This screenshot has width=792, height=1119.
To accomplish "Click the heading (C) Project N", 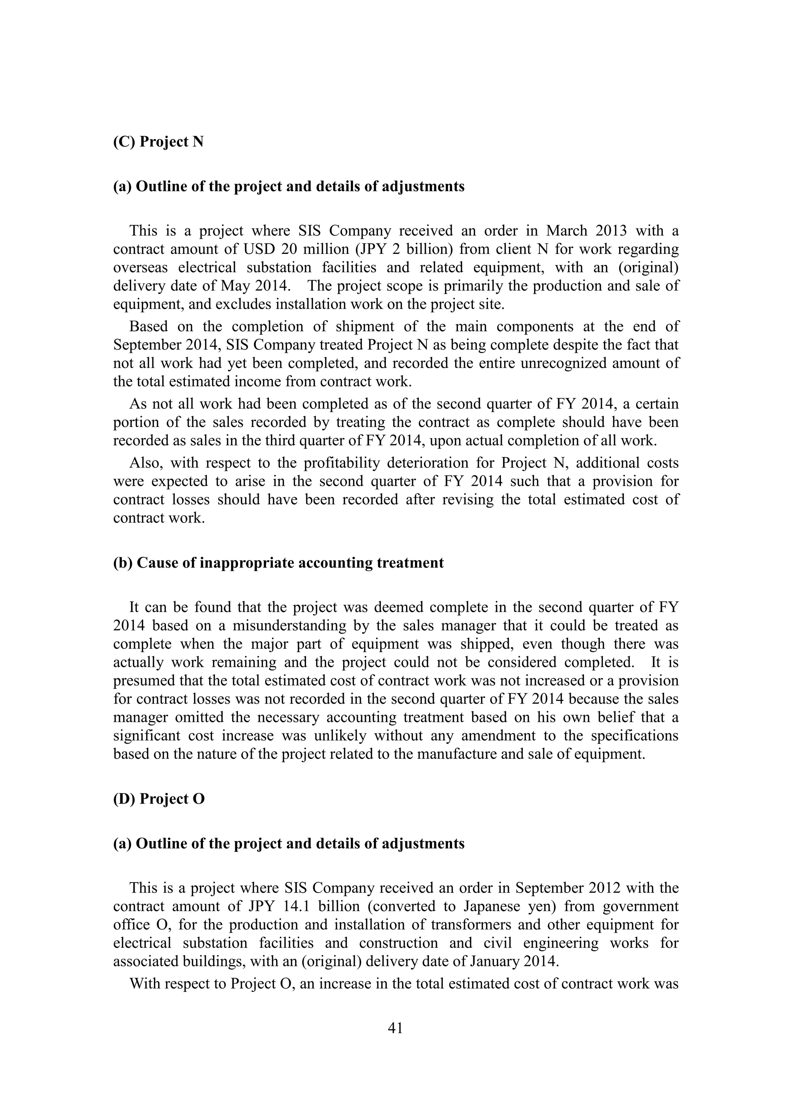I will pyautogui.click(x=158, y=142).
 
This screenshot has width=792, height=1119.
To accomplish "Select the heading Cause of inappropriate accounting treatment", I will pyautogui.click(x=278, y=563).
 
